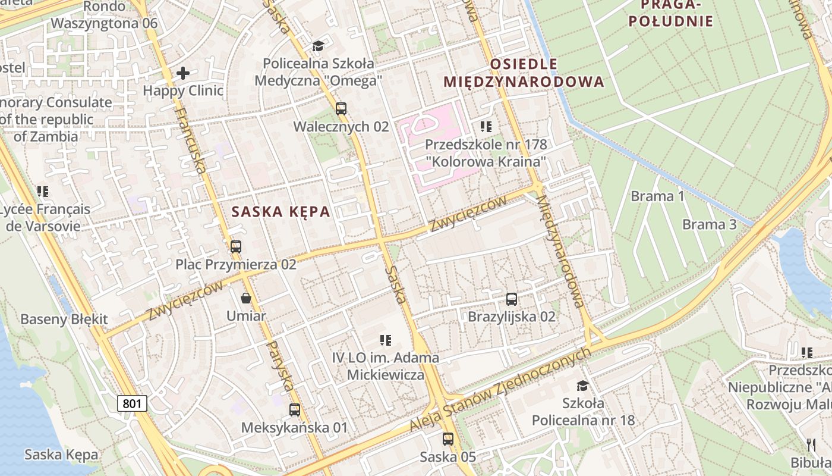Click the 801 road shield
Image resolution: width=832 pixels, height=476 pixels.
pos(132,403)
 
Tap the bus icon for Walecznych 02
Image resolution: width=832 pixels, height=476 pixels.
pos(341,109)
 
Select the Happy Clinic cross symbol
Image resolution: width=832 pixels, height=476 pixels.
pos(183,73)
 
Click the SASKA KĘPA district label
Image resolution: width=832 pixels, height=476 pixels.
pos(281,212)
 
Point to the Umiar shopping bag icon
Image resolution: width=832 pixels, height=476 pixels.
pos(246,298)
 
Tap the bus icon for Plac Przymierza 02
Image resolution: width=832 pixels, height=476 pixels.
pos(236,246)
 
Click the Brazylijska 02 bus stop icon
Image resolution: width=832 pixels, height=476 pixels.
pos(512,299)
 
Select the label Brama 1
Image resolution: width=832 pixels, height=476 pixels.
pos(658,196)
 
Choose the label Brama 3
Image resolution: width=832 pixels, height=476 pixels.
pos(709,224)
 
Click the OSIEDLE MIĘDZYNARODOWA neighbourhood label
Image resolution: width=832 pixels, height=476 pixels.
pos(524,73)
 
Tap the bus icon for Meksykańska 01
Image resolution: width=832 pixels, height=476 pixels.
pos(294,410)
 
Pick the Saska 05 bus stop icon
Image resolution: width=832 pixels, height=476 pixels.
pos(448,439)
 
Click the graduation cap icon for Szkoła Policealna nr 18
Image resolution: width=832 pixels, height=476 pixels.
pos(582,386)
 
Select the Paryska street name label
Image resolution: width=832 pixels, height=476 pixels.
pos(279,365)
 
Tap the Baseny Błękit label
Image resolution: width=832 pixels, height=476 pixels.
pos(64,319)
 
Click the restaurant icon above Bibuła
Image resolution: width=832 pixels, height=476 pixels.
pos(811,444)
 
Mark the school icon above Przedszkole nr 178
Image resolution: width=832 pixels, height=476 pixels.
pos(486,127)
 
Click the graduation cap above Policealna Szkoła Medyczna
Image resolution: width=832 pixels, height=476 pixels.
pos(319,46)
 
